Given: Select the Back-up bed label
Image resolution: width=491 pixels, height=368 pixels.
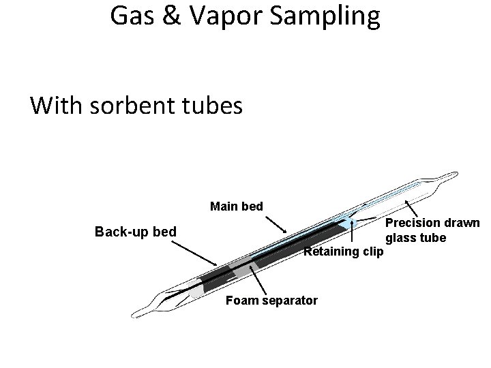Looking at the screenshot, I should (x=136, y=232).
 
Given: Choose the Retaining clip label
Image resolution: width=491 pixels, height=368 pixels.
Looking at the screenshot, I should (x=344, y=252).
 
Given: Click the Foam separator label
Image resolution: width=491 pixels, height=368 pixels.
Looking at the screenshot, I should (x=271, y=300).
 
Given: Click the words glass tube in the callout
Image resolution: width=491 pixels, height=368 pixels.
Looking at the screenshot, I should (x=416, y=238).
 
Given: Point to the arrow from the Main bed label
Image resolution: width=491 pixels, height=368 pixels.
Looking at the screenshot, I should (x=276, y=224).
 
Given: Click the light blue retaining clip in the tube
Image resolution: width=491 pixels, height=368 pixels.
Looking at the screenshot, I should (x=351, y=223).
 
